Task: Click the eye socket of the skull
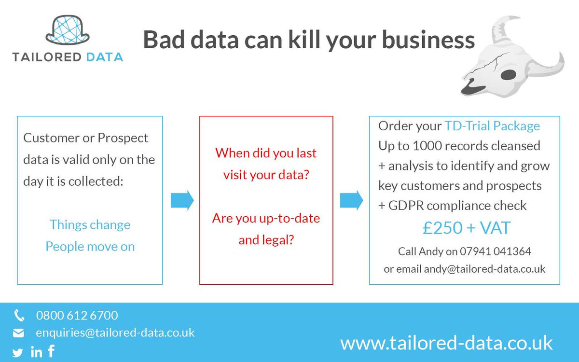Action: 510,74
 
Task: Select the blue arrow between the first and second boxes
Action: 182,199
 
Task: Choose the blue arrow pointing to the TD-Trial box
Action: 351,199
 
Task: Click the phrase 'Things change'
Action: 90,225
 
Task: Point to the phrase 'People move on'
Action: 90,247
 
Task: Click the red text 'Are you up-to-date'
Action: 266,218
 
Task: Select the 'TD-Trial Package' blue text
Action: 492,126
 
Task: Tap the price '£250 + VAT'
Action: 466,228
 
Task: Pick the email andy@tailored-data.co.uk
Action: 484,269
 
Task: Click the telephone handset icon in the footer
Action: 19,316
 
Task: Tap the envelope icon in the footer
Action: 18,333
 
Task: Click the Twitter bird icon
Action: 18,353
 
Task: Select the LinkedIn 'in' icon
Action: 36,352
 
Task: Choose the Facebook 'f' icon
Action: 51,351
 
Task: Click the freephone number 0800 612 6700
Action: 77,316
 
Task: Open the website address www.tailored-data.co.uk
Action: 446,343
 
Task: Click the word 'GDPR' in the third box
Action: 405,206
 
